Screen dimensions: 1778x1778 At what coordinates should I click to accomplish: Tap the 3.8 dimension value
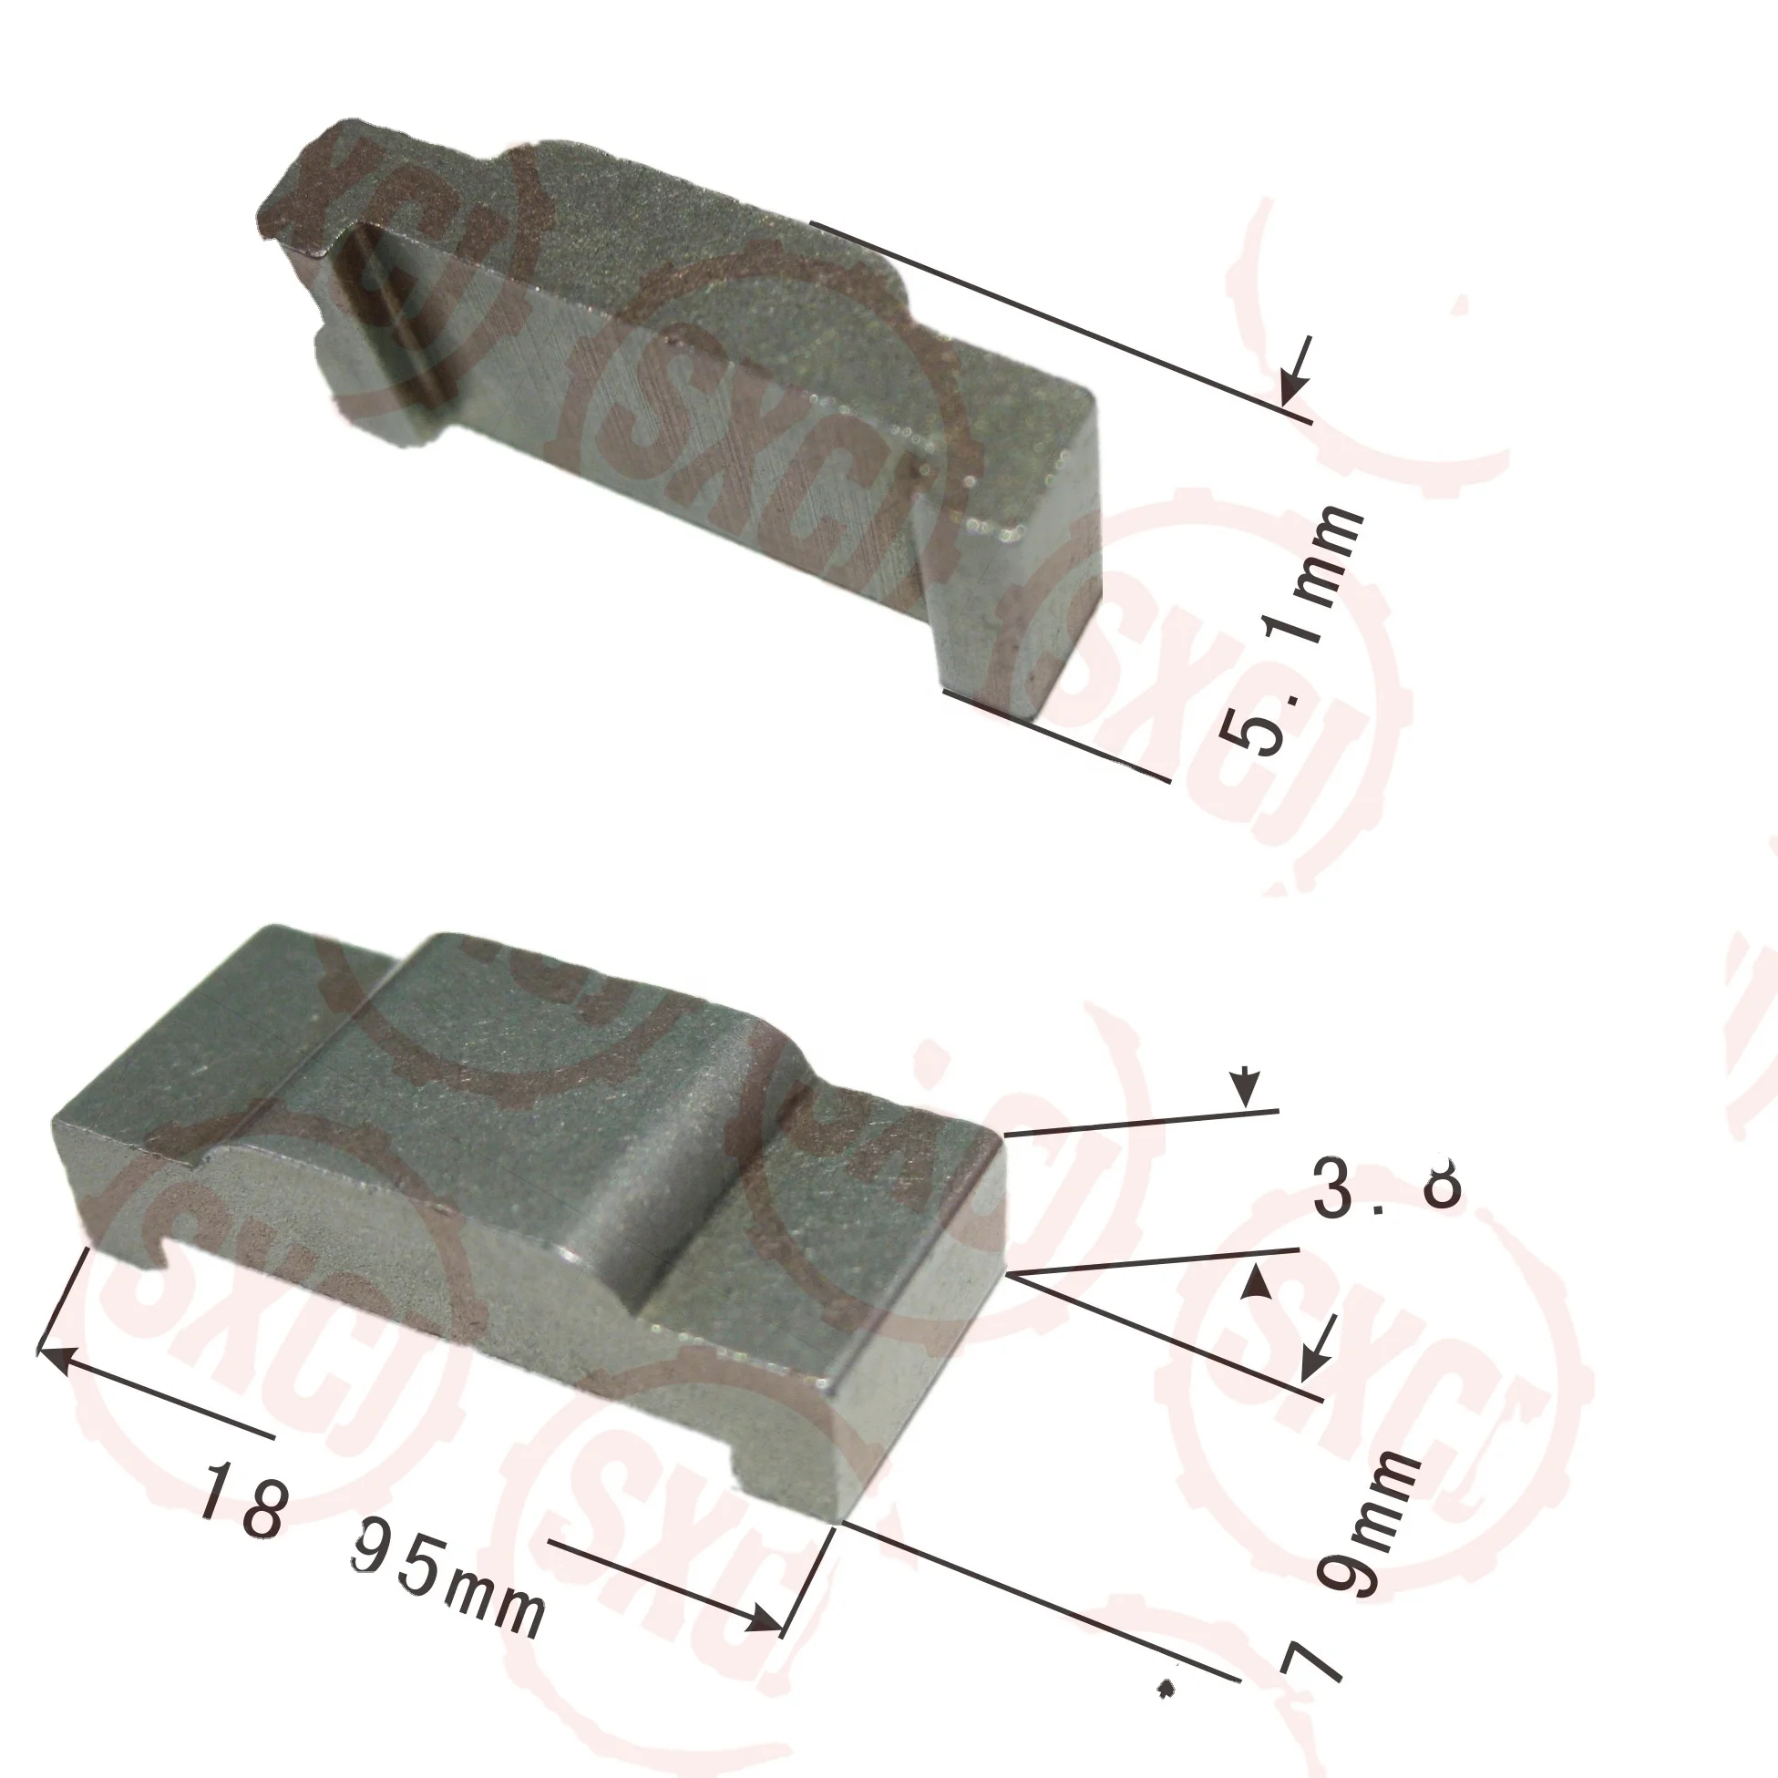(x=1386, y=1187)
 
